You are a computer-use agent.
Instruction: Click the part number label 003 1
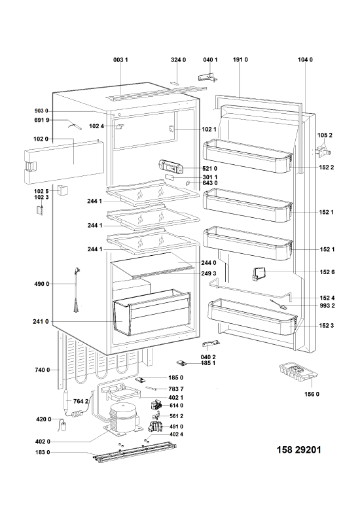(x=120, y=60)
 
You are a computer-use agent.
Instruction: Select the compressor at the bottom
(x=123, y=418)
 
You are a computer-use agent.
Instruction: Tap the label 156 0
(x=312, y=394)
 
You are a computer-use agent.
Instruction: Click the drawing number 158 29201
(x=298, y=449)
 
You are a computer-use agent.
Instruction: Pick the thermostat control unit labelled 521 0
(x=170, y=166)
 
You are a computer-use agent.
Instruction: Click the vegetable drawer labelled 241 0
(x=152, y=312)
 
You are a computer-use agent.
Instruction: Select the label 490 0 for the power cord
(x=42, y=284)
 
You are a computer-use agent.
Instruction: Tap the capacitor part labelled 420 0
(x=63, y=425)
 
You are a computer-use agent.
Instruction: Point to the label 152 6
(x=327, y=272)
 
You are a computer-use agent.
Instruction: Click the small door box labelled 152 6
(x=258, y=273)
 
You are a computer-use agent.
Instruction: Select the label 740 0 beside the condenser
(x=43, y=370)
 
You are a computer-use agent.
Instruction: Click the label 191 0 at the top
(x=240, y=60)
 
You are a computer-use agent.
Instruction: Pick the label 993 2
(x=327, y=306)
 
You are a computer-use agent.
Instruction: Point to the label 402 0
(x=43, y=442)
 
